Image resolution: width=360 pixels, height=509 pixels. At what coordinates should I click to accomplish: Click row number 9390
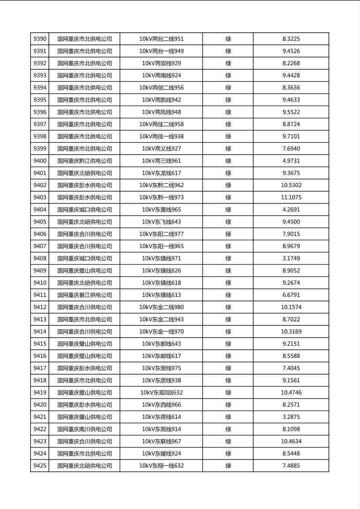[40, 39]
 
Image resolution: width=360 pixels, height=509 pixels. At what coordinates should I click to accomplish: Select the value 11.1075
[291, 198]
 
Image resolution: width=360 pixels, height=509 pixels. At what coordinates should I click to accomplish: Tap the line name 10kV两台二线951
[161, 39]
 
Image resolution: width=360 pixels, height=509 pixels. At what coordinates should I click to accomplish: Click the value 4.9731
[291, 161]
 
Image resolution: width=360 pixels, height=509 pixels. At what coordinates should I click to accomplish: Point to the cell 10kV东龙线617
[161, 173]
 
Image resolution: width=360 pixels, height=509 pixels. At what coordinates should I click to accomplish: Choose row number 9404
[40, 210]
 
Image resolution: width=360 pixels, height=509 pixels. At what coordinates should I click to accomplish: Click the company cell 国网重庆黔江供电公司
[84, 161]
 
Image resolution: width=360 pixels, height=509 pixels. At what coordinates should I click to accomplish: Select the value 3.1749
[291, 259]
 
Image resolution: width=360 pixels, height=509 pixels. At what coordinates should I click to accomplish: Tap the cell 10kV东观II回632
[161, 392]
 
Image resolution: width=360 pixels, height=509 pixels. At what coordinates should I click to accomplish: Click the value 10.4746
[291, 392]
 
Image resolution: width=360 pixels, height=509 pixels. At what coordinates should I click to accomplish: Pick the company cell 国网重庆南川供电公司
[84, 429]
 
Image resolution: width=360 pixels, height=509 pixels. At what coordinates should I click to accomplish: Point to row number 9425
[40, 466]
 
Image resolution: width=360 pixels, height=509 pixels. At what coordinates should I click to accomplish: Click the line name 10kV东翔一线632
[161, 466]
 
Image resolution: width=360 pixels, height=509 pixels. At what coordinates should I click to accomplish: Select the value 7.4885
[291, 466]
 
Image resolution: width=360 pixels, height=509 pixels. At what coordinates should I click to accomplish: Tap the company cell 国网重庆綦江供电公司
[84, 295]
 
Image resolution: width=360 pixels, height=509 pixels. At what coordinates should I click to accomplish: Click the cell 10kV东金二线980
[161, 307]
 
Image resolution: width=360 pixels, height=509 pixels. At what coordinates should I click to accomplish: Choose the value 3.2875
[291, 417]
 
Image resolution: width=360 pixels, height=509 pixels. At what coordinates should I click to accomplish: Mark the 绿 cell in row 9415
[228, 344]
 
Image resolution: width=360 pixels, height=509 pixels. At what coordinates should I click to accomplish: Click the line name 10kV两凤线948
[161, 112]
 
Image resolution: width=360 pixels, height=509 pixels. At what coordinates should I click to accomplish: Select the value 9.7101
[291, 136]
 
